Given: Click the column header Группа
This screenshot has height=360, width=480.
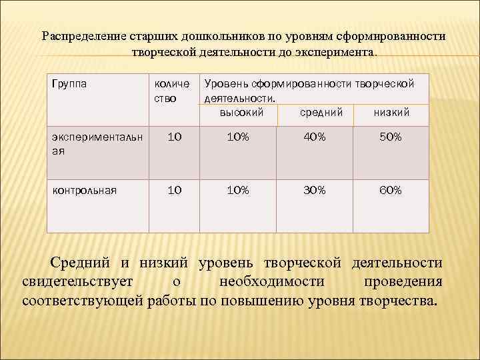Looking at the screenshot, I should click(69, 83).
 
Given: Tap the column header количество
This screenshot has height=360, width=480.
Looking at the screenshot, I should click(171, 91).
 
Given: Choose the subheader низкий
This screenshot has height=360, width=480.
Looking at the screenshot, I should click(391, 113).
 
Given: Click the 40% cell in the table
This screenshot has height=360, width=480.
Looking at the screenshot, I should click(315, 137).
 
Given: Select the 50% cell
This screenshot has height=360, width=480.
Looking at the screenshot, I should click(390, 137).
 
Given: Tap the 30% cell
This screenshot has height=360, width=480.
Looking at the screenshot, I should click(315, 190).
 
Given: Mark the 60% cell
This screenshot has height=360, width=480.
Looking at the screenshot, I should click(390, 190).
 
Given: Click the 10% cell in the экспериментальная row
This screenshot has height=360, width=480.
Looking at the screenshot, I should click(237, 137).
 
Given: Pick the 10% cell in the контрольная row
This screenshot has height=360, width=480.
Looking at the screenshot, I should click(237, 190).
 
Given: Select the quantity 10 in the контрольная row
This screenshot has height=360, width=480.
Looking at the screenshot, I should click(174, 190).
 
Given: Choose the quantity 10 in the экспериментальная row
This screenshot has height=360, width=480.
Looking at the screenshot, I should click(174, 137).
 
